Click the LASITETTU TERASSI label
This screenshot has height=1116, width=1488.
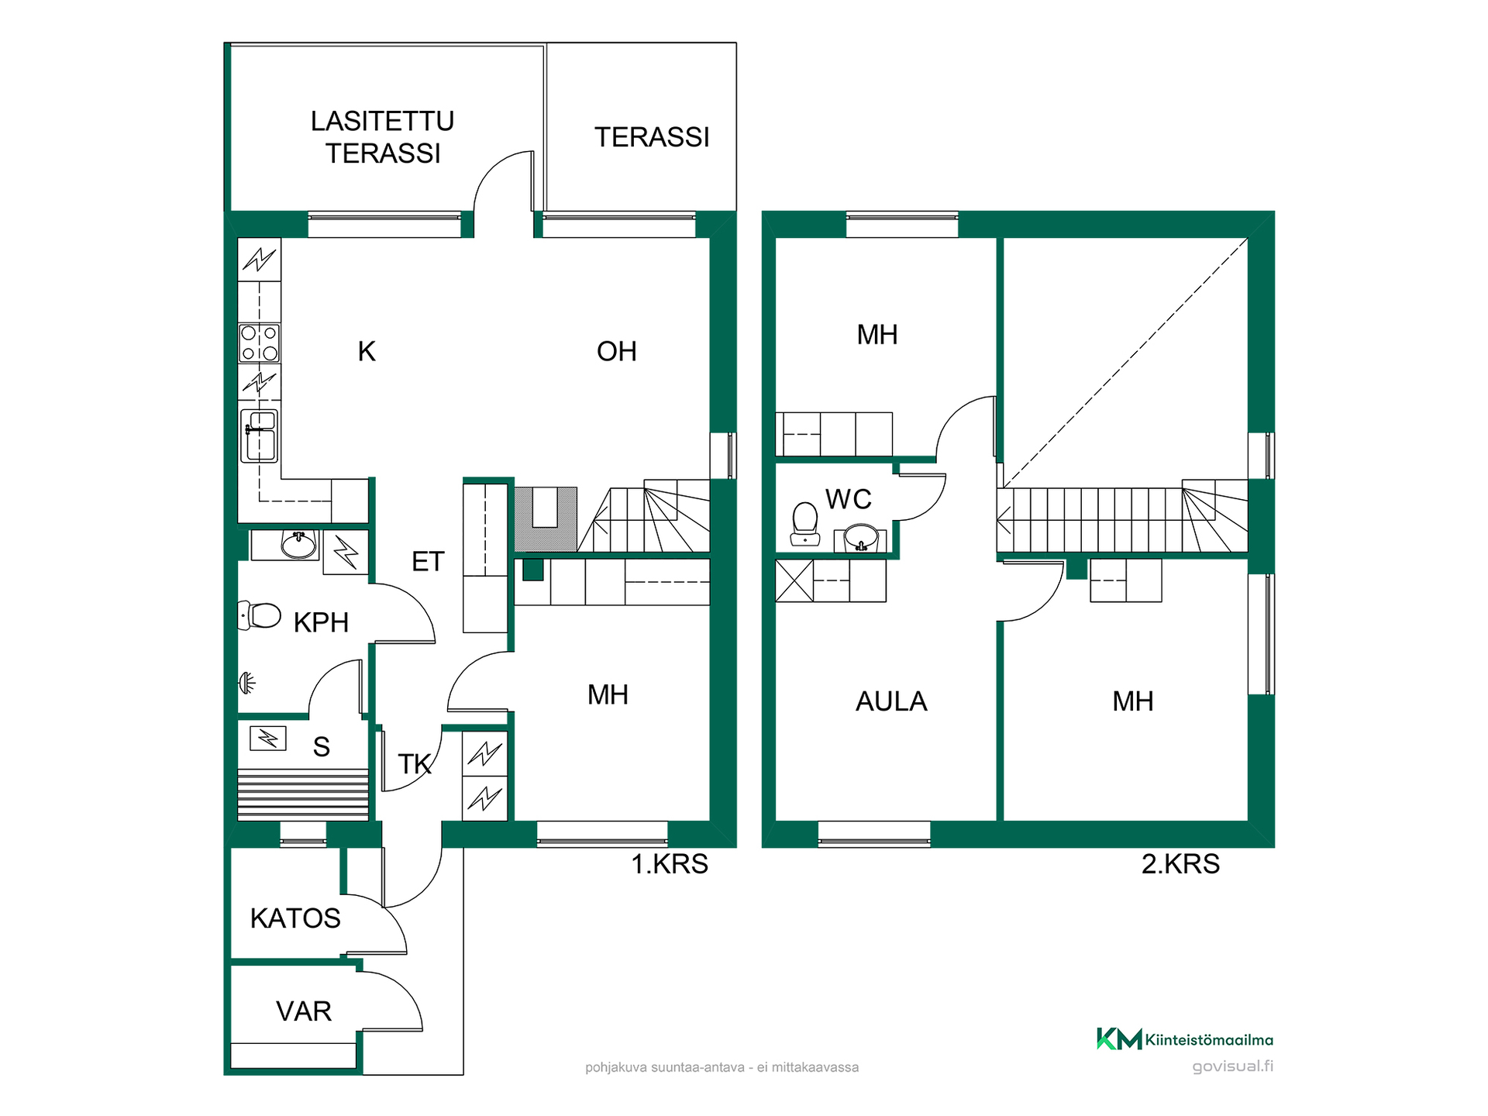pyautogui.click(x=382, y=137)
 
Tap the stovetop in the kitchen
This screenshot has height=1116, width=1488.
pyautogui.click(x=259, y=343)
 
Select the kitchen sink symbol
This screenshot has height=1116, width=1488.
pyautogui.click(x=259, y=436)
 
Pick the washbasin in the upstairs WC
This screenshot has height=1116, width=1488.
pyautogui.click(x=860, y=537)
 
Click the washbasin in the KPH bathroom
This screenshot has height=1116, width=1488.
pyautogui.click(x=299, y=544)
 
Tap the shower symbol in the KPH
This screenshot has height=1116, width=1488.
pyautogui.click(x=246, y=683)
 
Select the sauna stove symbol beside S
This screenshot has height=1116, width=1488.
pyautogui.click(x=268, y=738)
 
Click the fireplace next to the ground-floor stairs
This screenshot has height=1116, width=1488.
pyautogui.click(x=546, y=518)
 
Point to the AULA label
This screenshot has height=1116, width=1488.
pyautogui.click(x=891, y=701)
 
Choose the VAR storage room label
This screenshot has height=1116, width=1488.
pyautogui.click(x=304, y=1011)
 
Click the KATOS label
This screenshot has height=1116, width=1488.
pyautogui.click(x=295, y=918)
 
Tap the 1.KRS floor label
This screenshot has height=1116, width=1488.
pyautogui.click(x=670, y=864)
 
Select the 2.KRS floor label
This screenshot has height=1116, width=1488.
pyautogui.click(x=1180, y=864)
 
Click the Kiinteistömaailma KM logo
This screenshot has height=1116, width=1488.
pyautogui.click(x=1184, y=1039)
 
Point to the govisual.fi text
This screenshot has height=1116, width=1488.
pyautogui.click(x=1232, y=1066)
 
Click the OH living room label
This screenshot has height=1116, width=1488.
pyautogui.click(x=617, y=352)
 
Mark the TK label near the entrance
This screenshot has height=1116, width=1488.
pyautogui.click(x=415, y=765)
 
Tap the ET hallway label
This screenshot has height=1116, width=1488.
pyautogui.click(x=428, y=562)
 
